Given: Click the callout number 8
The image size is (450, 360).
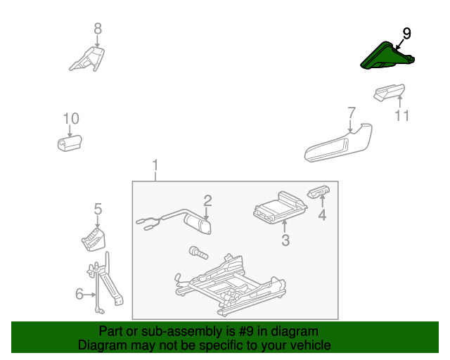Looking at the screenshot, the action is click(x=98, y=29).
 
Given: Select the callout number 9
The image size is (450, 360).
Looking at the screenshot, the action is click(x=407, y=33).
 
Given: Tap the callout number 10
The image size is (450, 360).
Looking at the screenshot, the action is click(x=71, y=119).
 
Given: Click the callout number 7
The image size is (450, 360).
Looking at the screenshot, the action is click(x=352, y=112).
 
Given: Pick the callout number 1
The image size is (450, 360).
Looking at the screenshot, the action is click(x=155, y=166).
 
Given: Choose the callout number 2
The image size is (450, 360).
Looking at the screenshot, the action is click(x=207, y=200).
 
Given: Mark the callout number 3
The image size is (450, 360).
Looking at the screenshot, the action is click(x=285, y=240).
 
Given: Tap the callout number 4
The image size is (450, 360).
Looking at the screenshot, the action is click(x=322, y=215).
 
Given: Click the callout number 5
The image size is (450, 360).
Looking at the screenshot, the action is click(x=98, y=209).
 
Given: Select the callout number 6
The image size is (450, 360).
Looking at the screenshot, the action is click(x=79, y=294).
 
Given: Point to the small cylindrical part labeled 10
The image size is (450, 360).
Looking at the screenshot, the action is click(x=70, y=144).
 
